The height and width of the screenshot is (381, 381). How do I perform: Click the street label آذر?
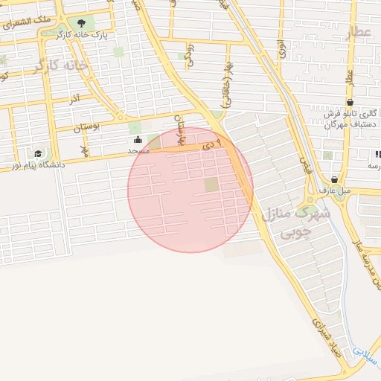[x=74, y=98]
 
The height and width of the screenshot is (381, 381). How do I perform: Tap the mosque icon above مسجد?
[x=138, y=140]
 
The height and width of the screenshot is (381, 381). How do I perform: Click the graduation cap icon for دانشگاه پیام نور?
[x=38, y=153]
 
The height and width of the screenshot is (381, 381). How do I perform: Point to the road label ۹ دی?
[x=211, y=144]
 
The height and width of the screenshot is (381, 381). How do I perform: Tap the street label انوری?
[x=281, y=50]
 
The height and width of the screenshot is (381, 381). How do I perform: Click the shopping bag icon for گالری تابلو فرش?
[x=350, y=103]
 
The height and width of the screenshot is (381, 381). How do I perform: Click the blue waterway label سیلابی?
[x=365, y=353]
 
